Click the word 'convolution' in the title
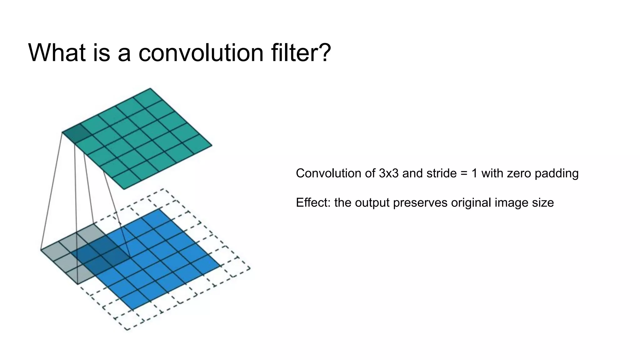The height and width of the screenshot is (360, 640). click(201, 52)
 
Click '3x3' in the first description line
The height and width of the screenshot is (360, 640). click(388, 173)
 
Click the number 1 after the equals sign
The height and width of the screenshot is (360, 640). click(474, 173)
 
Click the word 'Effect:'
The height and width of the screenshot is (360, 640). click(313, 202)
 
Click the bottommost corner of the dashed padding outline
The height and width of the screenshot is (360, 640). click(127, 329)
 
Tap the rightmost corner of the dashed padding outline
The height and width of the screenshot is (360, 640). click(250, 268)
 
